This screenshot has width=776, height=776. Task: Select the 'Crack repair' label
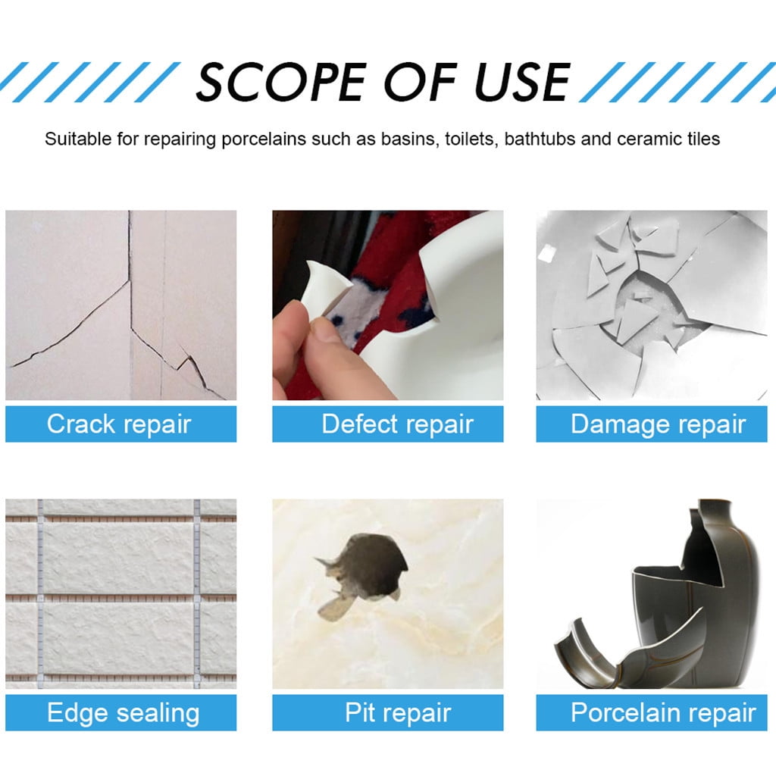(119, 424)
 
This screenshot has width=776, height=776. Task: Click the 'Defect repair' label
(397, 424)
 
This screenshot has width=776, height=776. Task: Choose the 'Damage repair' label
(658, 424)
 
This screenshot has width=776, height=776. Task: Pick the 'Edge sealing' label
(123, 712)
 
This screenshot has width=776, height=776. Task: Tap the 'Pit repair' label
(397, 712)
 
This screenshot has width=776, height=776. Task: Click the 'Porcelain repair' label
(662, 712)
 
